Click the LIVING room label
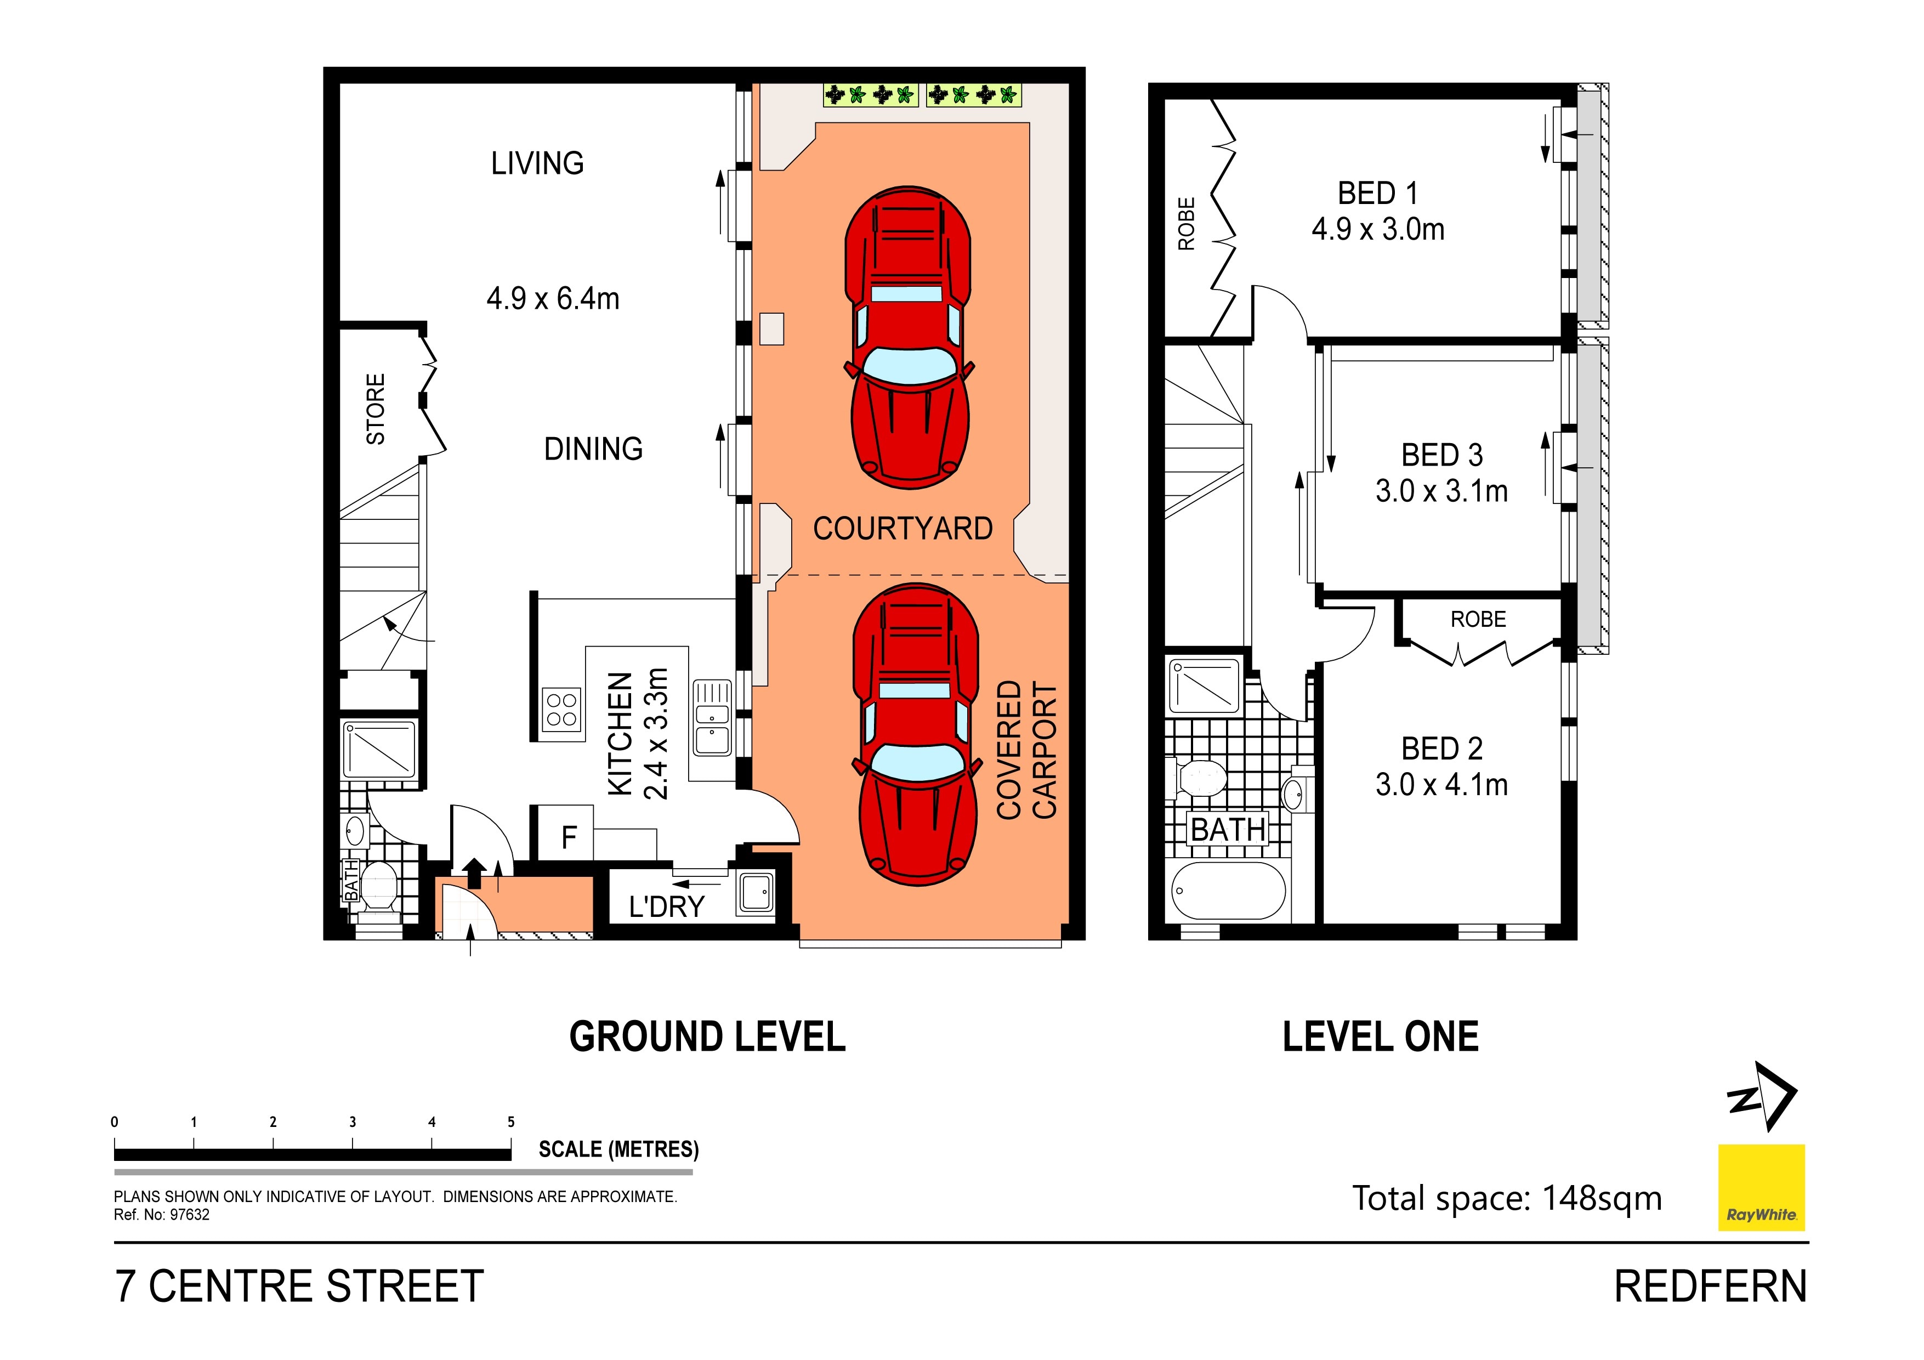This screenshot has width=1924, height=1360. point(537,163)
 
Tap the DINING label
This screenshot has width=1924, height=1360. point(593,449)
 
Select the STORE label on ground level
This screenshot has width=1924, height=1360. point(376,409)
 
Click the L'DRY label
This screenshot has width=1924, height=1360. point(666,906)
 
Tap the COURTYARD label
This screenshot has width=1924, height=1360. point(903,529)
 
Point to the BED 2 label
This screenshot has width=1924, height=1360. point(1441,749)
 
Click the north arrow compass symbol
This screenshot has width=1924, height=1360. point(1762,1096)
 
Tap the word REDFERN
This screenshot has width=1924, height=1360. point(1710,1287)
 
